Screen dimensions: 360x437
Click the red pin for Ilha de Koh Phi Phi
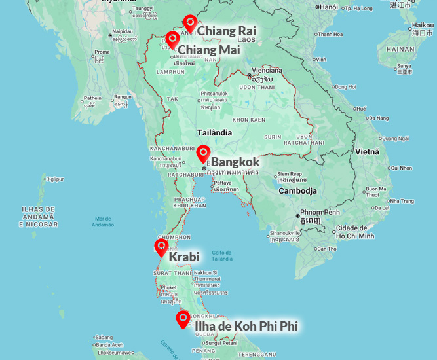pyautogui.click(x=183, y=319)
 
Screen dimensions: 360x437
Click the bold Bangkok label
pyautogui.click(x=235, y=162)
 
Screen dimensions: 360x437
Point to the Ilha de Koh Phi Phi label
pyautogui.click(x=246, y=325)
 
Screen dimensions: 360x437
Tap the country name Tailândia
pyautogui.click(x=215, y=132)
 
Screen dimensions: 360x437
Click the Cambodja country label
pyautogui.click(x=297, y=191)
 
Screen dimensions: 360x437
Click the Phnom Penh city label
pyautogui.click(x=322, y=213)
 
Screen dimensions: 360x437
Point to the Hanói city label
pyautogui.click(x=329, y=7)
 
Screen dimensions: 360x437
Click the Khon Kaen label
pyautogui.click(x=249, y=120)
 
